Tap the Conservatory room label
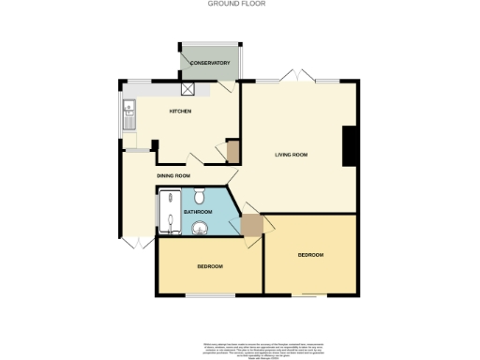pyautogui.click(x=209, y=63)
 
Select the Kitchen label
pyautogui.click(x=180, y=112)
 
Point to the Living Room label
pyautogui.click(x=292, y=155)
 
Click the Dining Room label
pyautogui.click(x=174, y=176)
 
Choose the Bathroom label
pyautogui.click(x=198, y=213)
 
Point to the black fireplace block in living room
pyautogui.click(x=350, y=145)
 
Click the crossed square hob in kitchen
pyautogui.click(x=188, y=89)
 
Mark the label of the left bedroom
pyautogui.click(x=209, y=266)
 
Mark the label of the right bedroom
pyautogui.click(x=310, y=255)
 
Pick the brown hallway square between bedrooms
pyautogui.click(x=251, y=226)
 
